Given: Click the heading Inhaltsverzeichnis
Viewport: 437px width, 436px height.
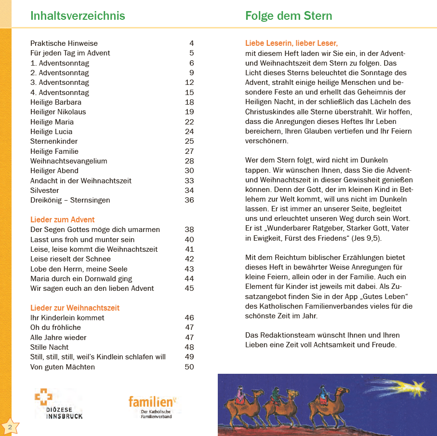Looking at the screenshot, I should pyautogui.click(x=78, y=15).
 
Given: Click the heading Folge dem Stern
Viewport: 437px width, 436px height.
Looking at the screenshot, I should pyautogui.click(x=289, y=15).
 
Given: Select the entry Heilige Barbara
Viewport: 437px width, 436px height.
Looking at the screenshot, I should pyautogui.click(x=56, y=102).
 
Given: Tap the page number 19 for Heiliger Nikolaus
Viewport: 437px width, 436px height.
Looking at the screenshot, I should pyautogui.click(x=189, y=112).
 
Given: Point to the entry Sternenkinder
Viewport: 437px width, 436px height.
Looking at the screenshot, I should pyautogui.click(x=54, y=141).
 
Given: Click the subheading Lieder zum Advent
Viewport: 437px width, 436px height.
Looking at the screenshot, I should pyautogui.click(x=63, y=220).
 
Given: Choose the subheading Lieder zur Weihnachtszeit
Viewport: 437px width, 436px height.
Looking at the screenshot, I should pyautogui.click(x=75, y=308).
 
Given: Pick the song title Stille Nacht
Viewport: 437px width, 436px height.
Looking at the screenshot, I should pyautogui.click(x=50, y=347).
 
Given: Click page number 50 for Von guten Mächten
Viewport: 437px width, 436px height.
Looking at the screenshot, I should pyautogui.click(x=189, y=367).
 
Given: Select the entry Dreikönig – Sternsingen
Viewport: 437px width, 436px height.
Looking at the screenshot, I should pyautogui.click(x=70, y=200).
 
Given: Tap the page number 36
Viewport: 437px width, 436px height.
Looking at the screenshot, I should pyautogui.click(x=189, y=200).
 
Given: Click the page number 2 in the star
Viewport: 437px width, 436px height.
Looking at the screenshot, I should pyautogui.click(x=10, y=427).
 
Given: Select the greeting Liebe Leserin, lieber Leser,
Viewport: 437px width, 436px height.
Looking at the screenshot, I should pyautogui.click(x=291, y=43).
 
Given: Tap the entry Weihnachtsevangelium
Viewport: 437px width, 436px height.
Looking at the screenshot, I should pyautogui.click(x=69, y=161).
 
